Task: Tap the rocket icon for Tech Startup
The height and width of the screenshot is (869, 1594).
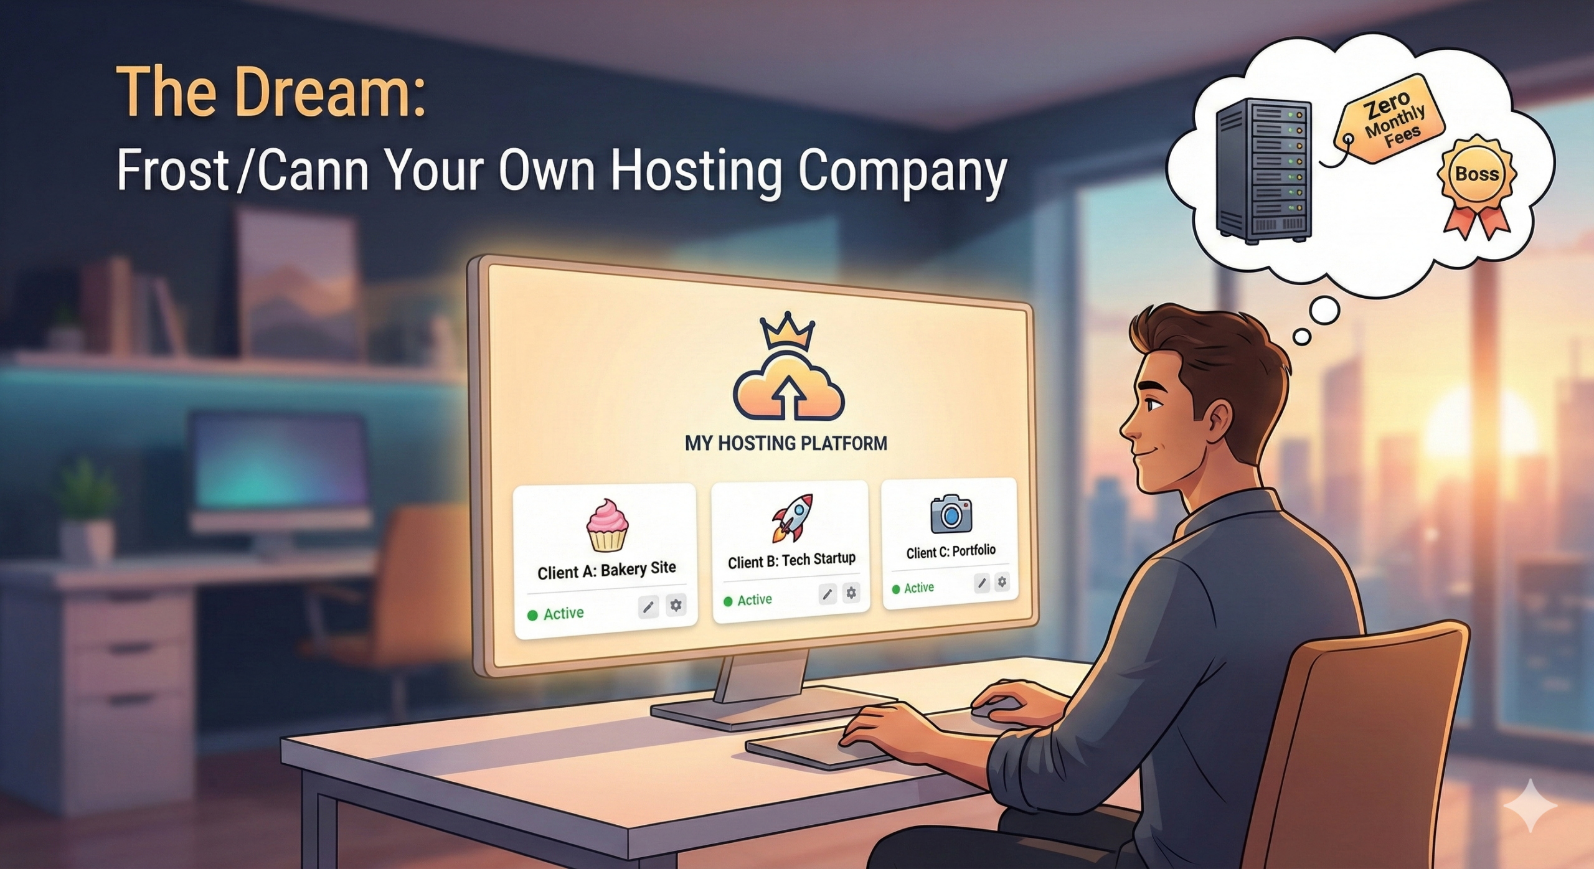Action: click(x=792, y=517)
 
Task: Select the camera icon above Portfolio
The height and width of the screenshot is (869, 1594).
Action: click(x=951, y=514)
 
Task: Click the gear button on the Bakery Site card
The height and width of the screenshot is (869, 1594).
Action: click(x=676, y=604)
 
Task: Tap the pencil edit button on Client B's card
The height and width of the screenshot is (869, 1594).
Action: click(x=827, y=594)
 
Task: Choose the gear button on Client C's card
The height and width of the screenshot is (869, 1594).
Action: click(x=1002, y=582)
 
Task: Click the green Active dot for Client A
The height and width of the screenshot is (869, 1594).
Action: click(x=532, y=616)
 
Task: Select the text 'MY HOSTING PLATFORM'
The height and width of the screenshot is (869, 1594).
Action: click(x=786, y=443)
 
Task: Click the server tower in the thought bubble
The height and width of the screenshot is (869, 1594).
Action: click(x=1264, y=171)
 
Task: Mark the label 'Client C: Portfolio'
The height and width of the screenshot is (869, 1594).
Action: click(x=951, y=552)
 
